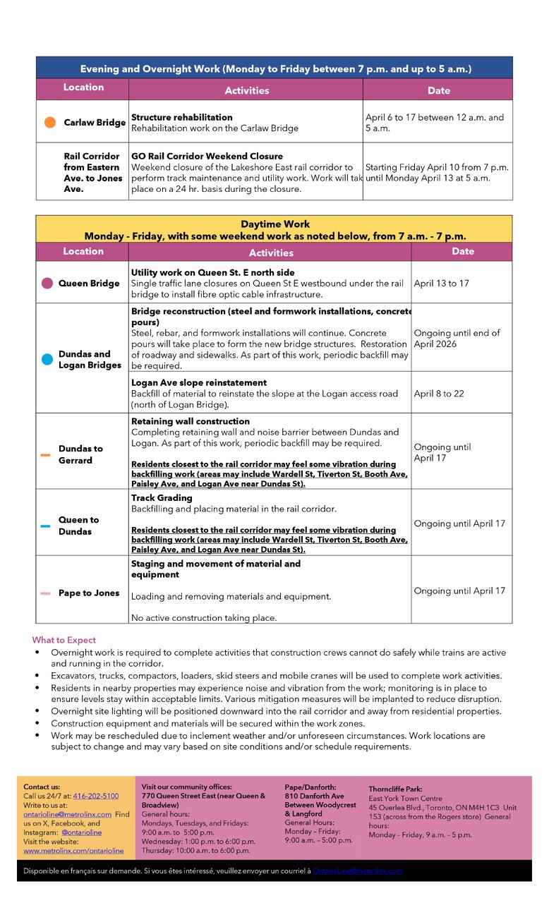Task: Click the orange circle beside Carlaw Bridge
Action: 50,122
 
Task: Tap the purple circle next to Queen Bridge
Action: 47,283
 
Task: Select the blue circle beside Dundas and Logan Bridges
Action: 47,359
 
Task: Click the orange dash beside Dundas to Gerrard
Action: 46,455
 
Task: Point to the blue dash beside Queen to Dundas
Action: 46,526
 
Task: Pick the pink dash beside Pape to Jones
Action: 46,593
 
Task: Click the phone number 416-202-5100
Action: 96,796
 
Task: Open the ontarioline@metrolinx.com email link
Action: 68,814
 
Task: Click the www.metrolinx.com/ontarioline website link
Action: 73,851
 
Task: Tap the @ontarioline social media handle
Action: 81,832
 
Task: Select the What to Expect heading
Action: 64,640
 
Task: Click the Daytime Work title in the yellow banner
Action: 274,224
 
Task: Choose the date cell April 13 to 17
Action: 441,283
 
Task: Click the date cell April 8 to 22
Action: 439,394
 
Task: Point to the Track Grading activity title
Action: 162,498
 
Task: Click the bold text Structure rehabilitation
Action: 181,117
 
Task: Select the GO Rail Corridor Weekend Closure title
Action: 207,156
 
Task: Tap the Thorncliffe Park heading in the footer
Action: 395,789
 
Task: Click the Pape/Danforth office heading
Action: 310,787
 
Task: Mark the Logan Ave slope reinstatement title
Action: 199,382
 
